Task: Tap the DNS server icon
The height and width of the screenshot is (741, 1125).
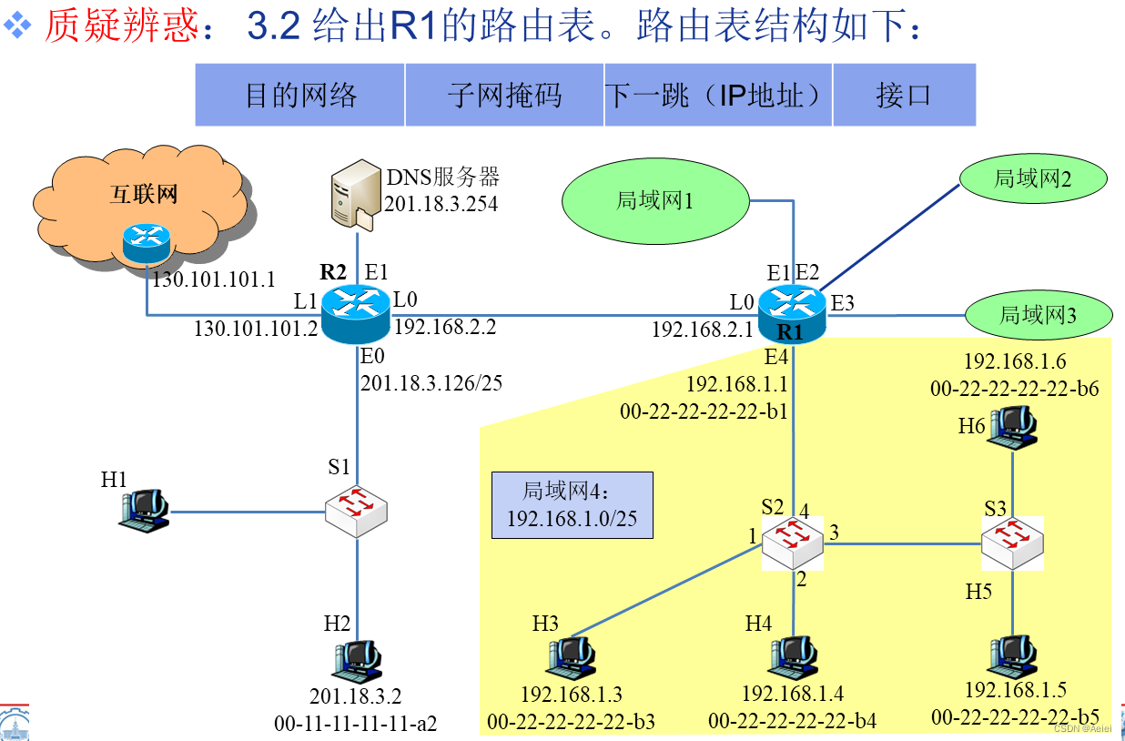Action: pyautogui.click(x=354, y=192)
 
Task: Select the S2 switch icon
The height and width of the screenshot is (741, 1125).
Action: pyautogui.click(x=792, y=544)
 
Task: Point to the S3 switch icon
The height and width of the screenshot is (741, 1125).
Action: pyautogui.click(x=1012, y=543)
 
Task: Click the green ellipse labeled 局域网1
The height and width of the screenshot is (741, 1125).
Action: pyautogui.click(x=655, y=200)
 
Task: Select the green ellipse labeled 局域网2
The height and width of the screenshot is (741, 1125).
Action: pyautogui.click(x=1033, y=178)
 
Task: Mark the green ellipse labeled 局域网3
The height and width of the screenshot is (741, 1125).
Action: pyautogui.click(x=1039, y=315)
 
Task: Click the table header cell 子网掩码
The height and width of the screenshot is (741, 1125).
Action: pyautogui.click(x=505, y=95)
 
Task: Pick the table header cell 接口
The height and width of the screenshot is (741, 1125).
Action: pyautogui.click(x=904, y=95)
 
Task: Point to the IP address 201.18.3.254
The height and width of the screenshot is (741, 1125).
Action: pyautogui.click(x=441, y=204)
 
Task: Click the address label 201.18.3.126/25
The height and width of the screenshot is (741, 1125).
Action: pyautogui.click(x=431, y=383)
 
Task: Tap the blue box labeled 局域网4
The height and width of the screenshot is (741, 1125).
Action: pyautogui.click(x=573, y=505)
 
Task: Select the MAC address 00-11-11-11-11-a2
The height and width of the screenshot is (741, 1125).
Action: pyautogui.click(x=356, y=724)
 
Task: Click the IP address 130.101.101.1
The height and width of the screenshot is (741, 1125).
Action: pyautogui.click(x=213, y=279)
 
